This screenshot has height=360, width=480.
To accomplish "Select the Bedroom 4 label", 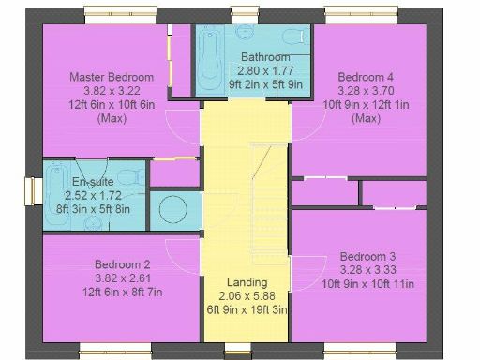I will pos(365,77).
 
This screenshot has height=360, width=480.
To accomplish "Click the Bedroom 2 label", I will pos(123,264).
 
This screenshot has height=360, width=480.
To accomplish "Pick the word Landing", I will pos(247,282).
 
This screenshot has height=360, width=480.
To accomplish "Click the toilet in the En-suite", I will pos(137,175).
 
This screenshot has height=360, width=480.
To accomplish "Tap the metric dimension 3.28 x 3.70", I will pos(365,91).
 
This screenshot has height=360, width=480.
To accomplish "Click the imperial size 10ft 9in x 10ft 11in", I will pos(367,284).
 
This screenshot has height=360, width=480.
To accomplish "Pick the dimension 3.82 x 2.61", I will pos(123,278).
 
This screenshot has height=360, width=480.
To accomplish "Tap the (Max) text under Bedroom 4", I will pos(365,118).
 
